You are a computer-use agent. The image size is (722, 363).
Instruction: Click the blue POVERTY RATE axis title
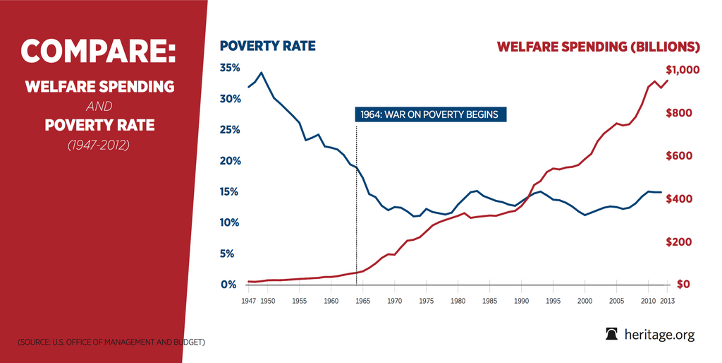tap(267, 47)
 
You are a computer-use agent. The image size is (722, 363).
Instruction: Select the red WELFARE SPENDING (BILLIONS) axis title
tap(598, 47)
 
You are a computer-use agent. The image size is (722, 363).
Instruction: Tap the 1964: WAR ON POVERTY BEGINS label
tap(430, 114)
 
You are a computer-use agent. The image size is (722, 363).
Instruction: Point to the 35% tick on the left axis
tap(230, 68)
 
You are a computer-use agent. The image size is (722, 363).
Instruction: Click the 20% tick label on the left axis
tap(230, 161)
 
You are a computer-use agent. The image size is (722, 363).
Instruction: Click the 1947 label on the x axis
tap(247, 301)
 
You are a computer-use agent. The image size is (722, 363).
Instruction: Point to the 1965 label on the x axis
tap(362, 301)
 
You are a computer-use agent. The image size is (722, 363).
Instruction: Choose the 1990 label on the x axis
tap(521, 301)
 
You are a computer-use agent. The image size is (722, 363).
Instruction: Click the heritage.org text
tap(660, 335)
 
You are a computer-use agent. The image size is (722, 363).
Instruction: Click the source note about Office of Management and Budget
tap(111, 343)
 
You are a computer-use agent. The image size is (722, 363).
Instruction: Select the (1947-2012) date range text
tap(99, 145)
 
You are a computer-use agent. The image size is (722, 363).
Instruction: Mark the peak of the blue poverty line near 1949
tap(262, 73)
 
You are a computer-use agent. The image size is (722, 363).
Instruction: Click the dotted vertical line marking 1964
tap(357, 205)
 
